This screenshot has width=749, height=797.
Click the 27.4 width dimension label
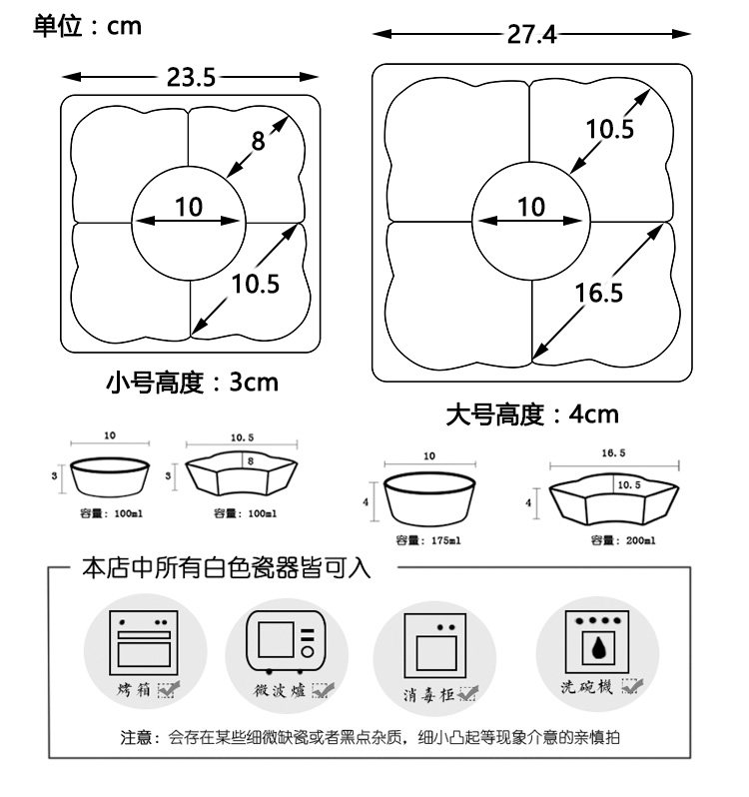[x=531, y=35]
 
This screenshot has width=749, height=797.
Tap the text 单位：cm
[x=87, y=26]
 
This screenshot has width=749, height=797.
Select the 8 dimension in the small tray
[x=258, y=141]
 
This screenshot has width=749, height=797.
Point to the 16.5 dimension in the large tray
[x=599, y=292]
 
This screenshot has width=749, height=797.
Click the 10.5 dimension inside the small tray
[x=256, y=284]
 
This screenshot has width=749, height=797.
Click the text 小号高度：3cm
[x=192, y=383]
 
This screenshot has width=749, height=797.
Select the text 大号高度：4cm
[x=532, y=413]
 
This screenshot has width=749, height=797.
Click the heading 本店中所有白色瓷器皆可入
[x=226, y=569]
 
